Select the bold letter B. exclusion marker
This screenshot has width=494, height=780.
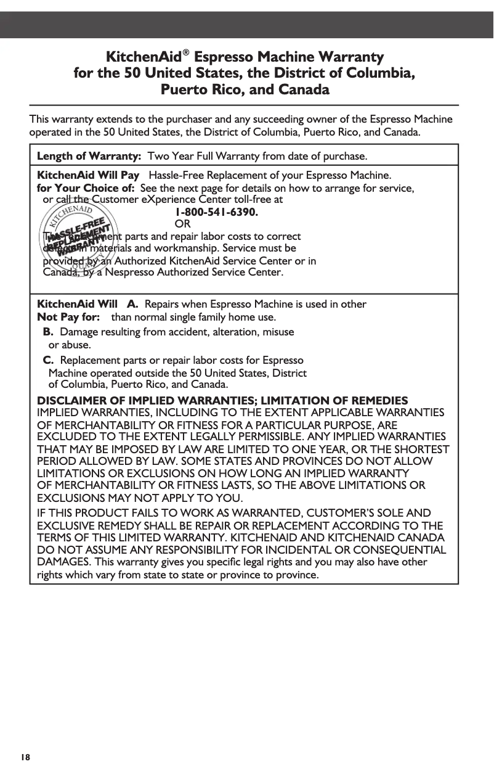coord(47,332)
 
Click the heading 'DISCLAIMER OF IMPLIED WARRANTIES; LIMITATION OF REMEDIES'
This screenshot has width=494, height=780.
coord(222,401)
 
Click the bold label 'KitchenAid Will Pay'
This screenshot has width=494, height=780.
coord(88,175)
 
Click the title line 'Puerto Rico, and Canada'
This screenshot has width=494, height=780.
coord(245,90)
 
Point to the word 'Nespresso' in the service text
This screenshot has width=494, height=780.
coord(180,272)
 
